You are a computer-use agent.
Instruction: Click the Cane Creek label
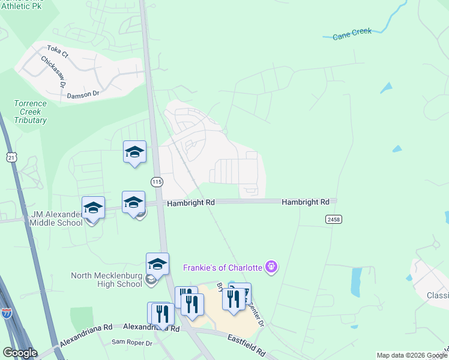pos(352,34)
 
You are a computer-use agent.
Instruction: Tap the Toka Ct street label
pos(58,50)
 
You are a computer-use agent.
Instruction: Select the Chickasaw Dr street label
pos(53,71)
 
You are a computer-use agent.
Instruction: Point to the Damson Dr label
pos(83,94)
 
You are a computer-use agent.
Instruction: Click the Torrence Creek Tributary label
pos(30,112)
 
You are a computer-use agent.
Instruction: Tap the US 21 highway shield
pos(11,157)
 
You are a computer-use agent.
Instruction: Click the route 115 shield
pos(157,181)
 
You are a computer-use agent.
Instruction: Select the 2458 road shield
pos(334,220)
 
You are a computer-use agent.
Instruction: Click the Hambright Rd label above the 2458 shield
pos(306,203)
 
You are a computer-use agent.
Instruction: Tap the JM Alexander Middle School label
pos(53,218)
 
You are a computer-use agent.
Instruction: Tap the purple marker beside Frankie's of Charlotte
pos(271,265)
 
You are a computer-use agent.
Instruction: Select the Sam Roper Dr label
pos(130,342)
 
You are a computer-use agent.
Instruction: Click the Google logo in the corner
pos(20,353)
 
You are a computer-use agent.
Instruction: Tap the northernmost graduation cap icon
pos(134,152)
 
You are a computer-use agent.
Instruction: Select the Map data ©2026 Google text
pos(411,355)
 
